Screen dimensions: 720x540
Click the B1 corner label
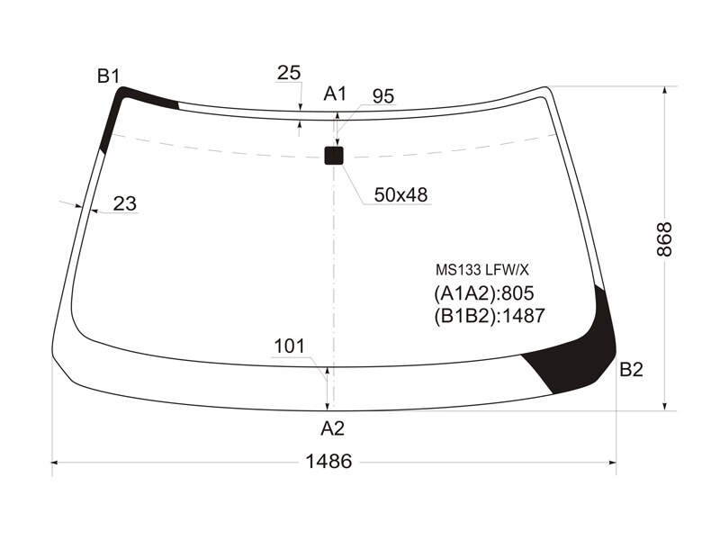pos(108,76)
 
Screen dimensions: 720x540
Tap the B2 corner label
pos(632,369)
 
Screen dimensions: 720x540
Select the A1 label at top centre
pos(335,94)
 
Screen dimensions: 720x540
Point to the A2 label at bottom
pos(332,428)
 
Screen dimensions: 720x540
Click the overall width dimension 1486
pos(328,461)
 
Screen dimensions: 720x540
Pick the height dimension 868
pos(664,239)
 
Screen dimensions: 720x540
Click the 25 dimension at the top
pos(289,73)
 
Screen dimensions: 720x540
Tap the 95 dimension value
pos(383,96)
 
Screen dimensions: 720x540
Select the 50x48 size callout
pos(400,194)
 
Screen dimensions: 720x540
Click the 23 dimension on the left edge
pos(125,203)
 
